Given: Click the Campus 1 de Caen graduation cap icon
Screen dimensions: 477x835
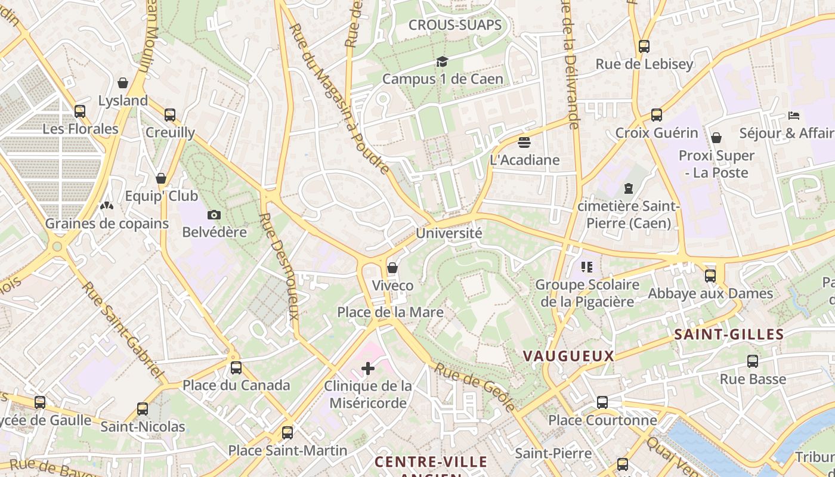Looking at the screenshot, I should [x=442, y=61].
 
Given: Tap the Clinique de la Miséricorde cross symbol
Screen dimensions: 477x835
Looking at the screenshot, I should [x=368, y=369].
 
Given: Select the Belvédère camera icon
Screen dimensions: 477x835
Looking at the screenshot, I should [x=214, y=215].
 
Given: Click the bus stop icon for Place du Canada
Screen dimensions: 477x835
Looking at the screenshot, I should [x=236, y=368].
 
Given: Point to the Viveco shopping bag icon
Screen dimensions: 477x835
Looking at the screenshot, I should [x=392, y=268].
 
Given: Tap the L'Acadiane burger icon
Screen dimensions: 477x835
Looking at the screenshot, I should [x=524, y=143].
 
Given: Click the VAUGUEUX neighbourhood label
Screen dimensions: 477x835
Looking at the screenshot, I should [x=568, y=356].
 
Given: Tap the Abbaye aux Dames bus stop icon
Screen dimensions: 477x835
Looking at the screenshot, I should [x=710, y=276].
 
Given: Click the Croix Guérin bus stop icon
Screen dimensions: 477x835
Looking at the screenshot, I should [x=657, y=115].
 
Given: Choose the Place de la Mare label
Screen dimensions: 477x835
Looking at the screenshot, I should [x=391, y=312].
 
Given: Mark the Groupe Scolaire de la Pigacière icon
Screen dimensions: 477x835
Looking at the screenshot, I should [x=587, y=267].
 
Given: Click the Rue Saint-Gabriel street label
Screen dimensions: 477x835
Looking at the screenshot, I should [x=123, y=330].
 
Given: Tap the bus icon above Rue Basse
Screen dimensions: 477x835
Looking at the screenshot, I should [x=753, y=361].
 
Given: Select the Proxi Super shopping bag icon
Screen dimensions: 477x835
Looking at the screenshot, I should [x=716, y=138].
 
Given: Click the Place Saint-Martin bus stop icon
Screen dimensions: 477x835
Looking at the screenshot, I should [x=287, y=433].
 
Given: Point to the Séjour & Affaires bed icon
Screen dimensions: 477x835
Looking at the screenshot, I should [x=793, y=115].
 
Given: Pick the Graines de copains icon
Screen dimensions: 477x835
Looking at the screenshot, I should [x=107, y=206].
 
